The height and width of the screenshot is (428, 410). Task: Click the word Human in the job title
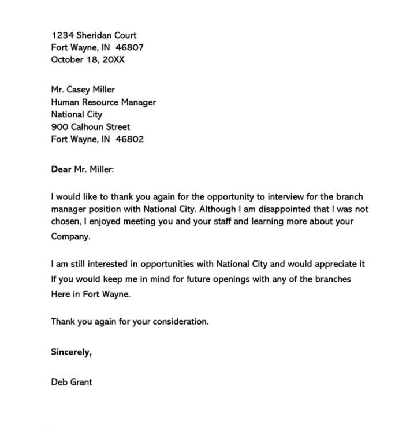coord(65,102)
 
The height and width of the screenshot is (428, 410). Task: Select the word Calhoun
coord(90,126)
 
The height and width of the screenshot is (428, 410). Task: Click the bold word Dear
coord(61,169)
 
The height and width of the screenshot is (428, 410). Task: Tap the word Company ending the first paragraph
coord(71,236)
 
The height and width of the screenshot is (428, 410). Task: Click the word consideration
coord(181,322)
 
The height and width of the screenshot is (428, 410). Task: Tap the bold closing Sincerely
coord(71,352)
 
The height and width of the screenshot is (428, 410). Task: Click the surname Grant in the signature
coord(81,382)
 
